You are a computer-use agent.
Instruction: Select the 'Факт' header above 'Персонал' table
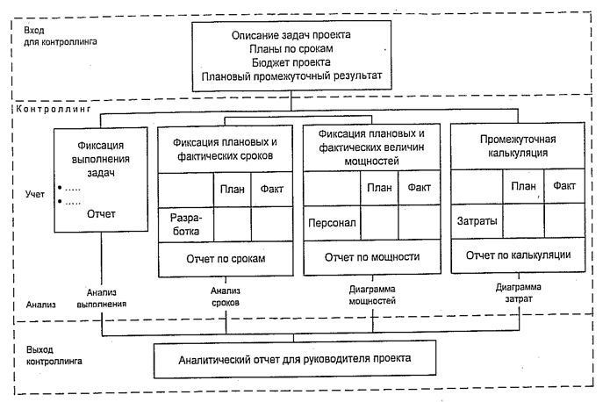coord(419,187)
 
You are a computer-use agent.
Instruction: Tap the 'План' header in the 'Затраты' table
coord(523,186)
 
